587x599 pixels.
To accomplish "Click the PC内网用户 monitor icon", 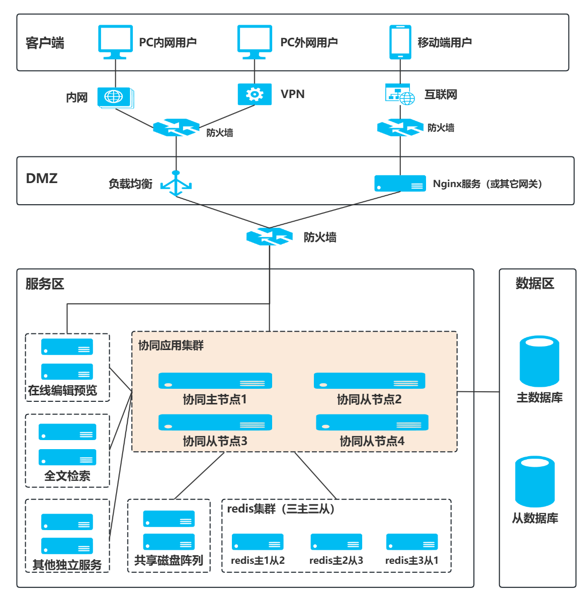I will (115, 41).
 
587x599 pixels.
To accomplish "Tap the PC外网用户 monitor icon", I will (255, 41).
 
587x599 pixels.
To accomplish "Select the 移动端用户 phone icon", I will (400, 42).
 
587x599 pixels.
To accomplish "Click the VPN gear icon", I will (255, 94).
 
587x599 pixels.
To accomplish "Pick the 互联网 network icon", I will (400, 94).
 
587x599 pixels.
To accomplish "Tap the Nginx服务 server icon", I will (400, 184).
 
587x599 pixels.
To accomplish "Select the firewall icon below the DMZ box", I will (270, 236).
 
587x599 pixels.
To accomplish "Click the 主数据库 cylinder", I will (539, 361).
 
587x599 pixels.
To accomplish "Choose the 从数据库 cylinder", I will (535, 481).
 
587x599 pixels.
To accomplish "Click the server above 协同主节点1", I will (215, 381).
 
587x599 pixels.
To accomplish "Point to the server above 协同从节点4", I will (372, 422).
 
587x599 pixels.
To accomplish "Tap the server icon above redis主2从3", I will (336, 542).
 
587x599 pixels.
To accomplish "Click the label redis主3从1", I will (411, 560).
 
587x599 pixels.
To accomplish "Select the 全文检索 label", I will (67, 476).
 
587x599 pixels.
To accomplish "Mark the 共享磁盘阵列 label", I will (169, 560).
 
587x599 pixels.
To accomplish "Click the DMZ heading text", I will (42, 179).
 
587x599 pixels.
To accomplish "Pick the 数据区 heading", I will (535, 284).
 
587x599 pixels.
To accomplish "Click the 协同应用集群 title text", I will (171, 346).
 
